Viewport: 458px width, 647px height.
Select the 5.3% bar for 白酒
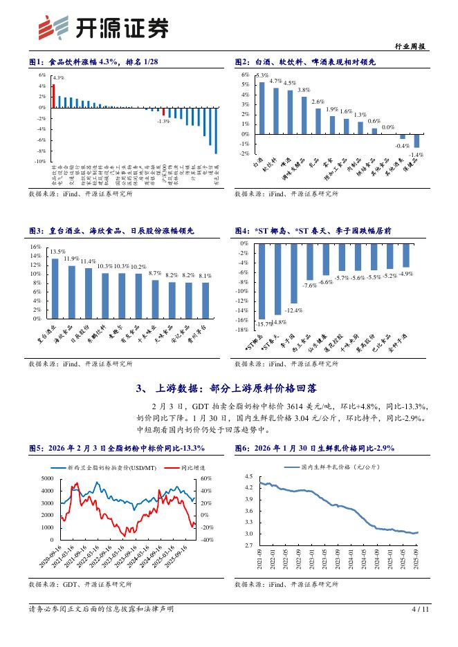(x=262, y=108)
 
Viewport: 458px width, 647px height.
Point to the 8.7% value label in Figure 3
(x=155, y=274)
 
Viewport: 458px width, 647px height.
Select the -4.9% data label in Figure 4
(x=406, y=274)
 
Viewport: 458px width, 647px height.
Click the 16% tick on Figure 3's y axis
(x=36, y=247)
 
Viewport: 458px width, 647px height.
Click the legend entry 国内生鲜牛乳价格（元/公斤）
(x=340, y=467)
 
